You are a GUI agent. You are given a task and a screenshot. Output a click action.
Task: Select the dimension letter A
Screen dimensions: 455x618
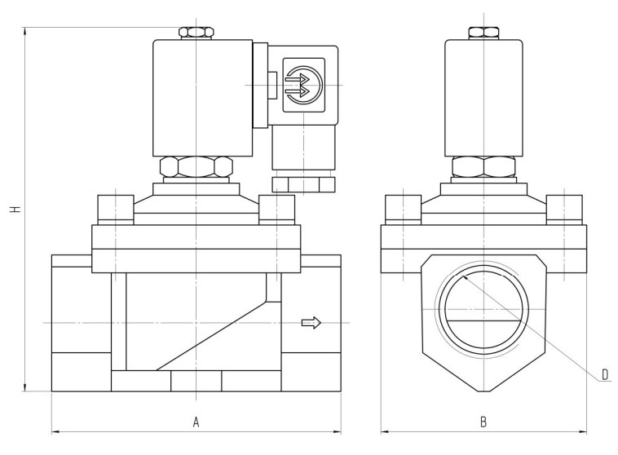tap(196, 422)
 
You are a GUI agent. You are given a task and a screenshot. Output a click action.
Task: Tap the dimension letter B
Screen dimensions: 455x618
tap(483, 422)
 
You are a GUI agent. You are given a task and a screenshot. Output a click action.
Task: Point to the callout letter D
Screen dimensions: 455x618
tap(605, 374)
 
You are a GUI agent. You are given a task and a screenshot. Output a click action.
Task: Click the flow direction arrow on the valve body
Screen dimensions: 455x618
tap(311, 323)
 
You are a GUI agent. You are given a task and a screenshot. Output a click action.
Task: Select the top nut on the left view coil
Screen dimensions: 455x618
tap(196, 33)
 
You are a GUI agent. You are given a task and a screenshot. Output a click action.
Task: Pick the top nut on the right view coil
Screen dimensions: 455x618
tap(483, 33)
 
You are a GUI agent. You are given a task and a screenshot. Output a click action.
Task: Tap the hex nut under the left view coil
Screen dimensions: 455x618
tap(196, 167)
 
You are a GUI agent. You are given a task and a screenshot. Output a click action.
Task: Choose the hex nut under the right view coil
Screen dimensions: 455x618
tap(483, 167)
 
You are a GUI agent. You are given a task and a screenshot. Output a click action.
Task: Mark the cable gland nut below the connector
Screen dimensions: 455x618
tap(303, 183)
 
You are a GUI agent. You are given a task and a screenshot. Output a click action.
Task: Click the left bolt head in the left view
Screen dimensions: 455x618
tap(115, 208)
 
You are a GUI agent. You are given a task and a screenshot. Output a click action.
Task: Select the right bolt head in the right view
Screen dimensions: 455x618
tap(564, 208)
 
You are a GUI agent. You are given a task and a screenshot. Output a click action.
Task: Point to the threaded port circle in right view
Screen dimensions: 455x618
tap(483, 311)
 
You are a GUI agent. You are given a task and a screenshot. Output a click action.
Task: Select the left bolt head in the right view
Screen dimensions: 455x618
tap(403, 208)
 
